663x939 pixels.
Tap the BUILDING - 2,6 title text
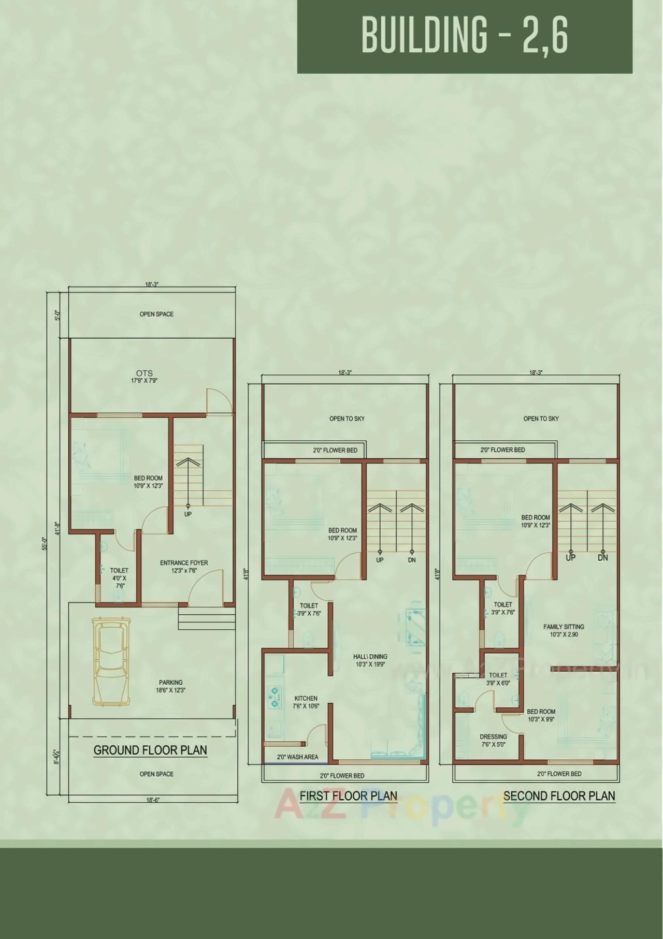[x=465, y=35]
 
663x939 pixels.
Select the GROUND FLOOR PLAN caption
[x=150, y=750]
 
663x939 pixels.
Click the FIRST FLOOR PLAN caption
[x=349, y=796]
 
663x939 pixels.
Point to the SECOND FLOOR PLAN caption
[x=559, y=796]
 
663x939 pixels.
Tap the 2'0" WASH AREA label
[x=297, y=757]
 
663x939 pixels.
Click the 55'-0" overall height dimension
[x=45, y=544]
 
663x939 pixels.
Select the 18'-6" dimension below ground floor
[x=152, y=800]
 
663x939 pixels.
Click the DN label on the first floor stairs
[x=412, y=560]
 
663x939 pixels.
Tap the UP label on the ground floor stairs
[x=188, y=514]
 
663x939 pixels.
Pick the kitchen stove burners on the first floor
[x=274, y=697]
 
